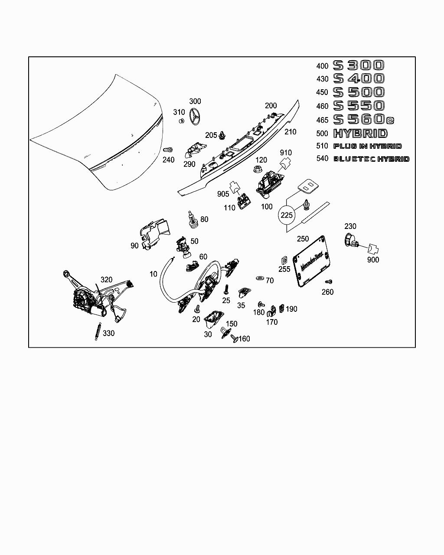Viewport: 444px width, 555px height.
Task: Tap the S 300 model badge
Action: tap(358, 65)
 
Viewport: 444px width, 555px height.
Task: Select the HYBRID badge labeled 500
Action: tap(360, 133)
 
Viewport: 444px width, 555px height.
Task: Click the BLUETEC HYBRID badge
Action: tap(371, 159)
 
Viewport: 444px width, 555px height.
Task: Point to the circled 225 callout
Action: tap(287, 215)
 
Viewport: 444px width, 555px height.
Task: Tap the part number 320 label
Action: tap(106, 280)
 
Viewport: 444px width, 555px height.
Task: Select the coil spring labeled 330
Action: tap(97, 332)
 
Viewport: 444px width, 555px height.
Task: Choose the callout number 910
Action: tap(286, 153)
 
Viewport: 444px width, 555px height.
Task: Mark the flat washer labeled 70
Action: tap(260, 277)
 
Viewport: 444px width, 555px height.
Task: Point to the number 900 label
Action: tap(373, 260)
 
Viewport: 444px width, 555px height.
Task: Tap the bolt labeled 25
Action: tap(226, 289)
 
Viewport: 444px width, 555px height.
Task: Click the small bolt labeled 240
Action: tap(166, 149)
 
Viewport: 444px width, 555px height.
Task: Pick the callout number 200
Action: tap(271, 105)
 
